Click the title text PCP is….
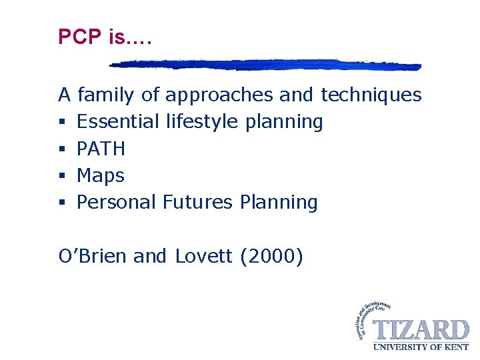point(105,37)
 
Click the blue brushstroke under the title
point(265,65)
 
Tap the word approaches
point(219,95)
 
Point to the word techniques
point(371,95)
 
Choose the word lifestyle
point(201,122)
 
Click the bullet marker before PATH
point(62,149)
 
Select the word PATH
point(101,149)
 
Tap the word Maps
point(101,175)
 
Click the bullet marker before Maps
point(62,176)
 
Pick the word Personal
point(117,202)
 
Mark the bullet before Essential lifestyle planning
point(62,123)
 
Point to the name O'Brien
point(93,255)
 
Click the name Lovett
point(203,255)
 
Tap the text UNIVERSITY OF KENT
point(421,346)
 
